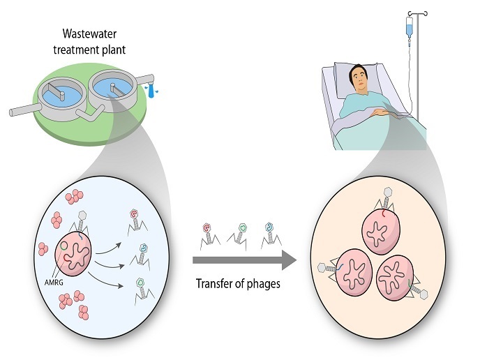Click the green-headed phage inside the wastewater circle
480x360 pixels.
click(140, 281)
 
